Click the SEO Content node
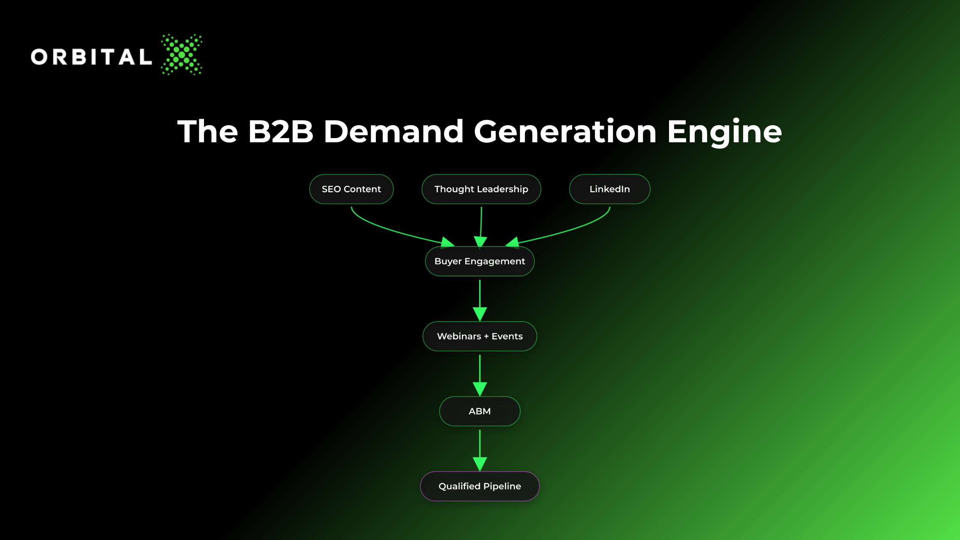(351, 189)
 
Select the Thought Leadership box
(481, 189)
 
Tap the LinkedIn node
(609, 189)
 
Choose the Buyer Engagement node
(480, 261)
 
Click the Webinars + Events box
(480, 336)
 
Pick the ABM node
(480, 411)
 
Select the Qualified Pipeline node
(480, 486)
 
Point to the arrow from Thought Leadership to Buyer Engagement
(481, 227)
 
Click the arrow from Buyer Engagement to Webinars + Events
(480, 300)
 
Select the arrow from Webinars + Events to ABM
(480, 375)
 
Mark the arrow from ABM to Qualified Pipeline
(480, 450)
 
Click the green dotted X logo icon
(182, 54)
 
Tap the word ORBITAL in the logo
(91, 57)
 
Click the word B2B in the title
(281, 131)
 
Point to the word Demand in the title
(393, 131)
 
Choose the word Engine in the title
(725, 132)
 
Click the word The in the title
(208, 131)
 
